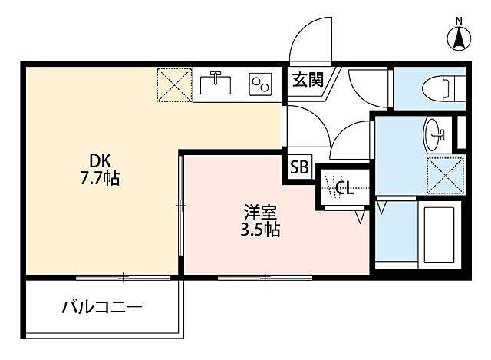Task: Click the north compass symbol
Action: [459, 36]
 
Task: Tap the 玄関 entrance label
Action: [305, 78]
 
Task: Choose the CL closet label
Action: [344, 187]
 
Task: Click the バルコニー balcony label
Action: [101, 309]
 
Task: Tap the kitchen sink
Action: [216, 82]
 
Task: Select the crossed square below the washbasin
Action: [444, 173]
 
